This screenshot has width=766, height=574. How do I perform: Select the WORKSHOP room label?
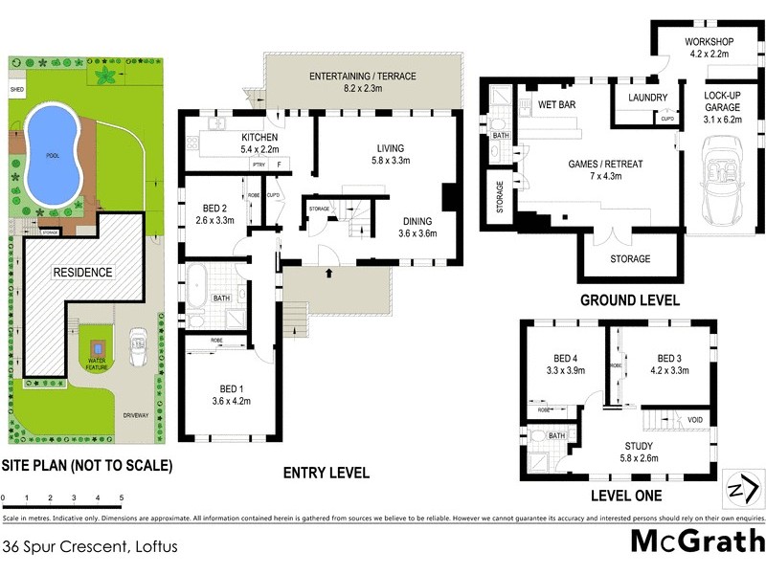709,42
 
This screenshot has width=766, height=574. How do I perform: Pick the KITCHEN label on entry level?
246,138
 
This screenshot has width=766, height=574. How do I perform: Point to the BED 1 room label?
231,388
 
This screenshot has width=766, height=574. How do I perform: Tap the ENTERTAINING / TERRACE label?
362,76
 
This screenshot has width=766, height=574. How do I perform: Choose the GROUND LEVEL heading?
630,299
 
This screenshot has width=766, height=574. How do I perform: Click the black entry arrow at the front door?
331,274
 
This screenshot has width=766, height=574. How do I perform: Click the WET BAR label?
556,103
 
